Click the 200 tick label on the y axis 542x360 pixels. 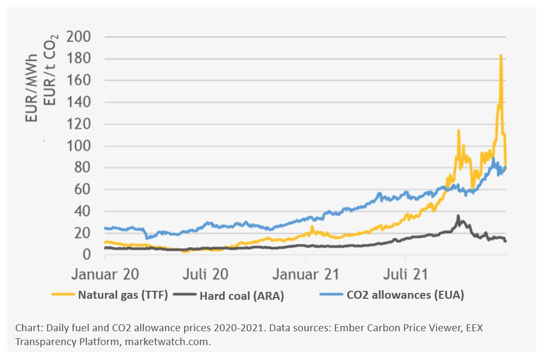point(78,37)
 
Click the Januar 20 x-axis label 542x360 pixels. point(105,274)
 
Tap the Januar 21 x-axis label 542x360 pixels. point(306,274)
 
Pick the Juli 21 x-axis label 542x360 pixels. point(406,274)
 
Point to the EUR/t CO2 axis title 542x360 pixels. point(52,75)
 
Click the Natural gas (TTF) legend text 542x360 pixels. point(123,294)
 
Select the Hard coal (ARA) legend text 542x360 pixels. point(242,296)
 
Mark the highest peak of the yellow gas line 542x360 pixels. point(500,55)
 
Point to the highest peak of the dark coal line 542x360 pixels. point(458,216)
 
